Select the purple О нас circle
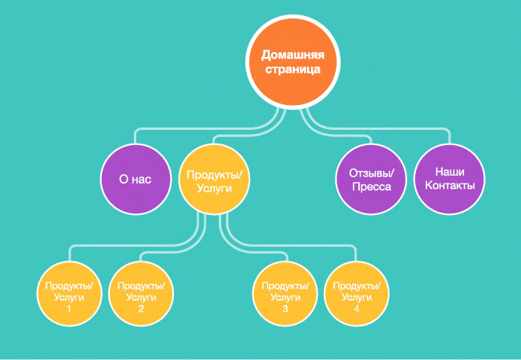[135, 180]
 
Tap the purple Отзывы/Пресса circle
[370, 180]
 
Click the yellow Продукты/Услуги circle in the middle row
[213, 180]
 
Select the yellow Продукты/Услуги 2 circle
[141, 294]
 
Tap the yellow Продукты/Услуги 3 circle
[285, 294]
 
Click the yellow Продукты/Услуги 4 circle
[356, 294]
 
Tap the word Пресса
[370, 188]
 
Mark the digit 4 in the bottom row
[356, 309]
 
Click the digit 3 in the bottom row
[285, 309]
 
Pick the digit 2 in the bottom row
[141, 309]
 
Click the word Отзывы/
[370, 172]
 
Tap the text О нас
[135, 180]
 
